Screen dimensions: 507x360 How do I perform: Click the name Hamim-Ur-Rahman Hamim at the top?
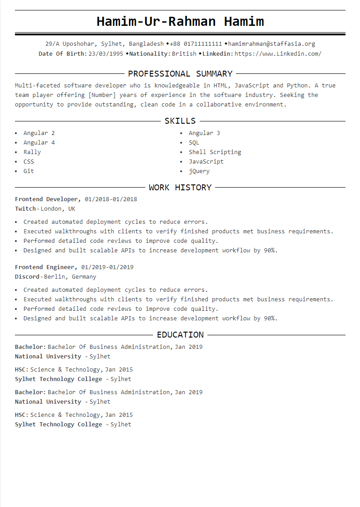point(180,21)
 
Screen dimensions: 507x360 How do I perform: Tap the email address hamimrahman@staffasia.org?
point(271,44)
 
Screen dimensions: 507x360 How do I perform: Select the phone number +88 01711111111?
point(196,44)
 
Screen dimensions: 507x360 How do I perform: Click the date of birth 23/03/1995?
point(106,53)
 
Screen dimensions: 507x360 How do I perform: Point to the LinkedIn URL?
point(278,53)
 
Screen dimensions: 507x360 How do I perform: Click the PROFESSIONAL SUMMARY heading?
point(180,73)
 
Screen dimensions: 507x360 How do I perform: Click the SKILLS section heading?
point(180,121)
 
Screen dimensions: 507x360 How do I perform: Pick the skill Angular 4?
point(39,142)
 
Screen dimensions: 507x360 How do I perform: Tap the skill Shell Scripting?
point(215,152)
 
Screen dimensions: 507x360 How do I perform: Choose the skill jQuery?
point(199,171)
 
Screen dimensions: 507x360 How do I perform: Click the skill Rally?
point(32,152)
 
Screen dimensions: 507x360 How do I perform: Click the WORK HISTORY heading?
point(180,187)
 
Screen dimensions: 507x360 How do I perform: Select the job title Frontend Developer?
point(47,199)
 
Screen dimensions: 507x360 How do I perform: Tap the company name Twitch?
point(25,208)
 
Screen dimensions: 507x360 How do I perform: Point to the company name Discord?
point(27,276)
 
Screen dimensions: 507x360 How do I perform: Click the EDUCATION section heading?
point(180,334)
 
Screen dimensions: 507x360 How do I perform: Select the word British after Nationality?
point(184,53)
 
